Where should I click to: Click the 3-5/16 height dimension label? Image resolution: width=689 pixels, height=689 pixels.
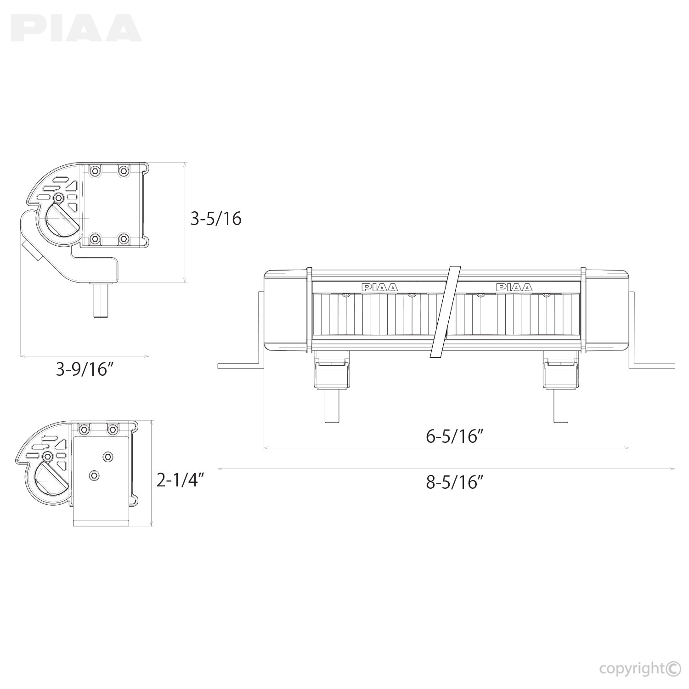coord(216,219)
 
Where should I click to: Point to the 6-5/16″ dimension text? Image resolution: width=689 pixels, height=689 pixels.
coord(455,436)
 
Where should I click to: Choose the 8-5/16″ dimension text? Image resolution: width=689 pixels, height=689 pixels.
coord(455,482)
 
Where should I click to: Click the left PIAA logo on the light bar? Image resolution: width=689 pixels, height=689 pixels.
coord(380,288)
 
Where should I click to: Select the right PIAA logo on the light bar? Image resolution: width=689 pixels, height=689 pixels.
coord(514,288)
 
